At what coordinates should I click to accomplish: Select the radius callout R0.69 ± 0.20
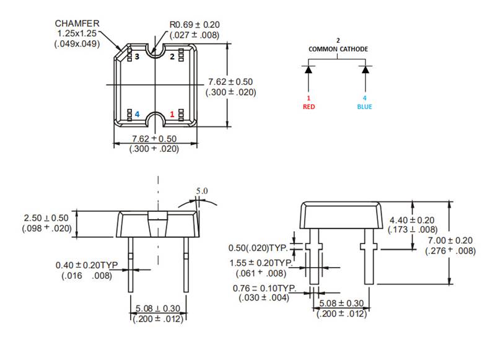(194, 25)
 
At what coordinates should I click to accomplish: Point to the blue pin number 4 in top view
(137, 115)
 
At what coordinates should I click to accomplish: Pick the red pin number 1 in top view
(172, 115)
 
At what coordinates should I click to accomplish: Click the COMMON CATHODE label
(338, 49)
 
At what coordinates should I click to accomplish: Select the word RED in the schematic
(308, 106)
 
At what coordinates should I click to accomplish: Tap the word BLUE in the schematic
(365, 106)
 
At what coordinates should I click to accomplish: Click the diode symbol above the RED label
(308, 69)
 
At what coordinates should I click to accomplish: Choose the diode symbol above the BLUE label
(365, 69)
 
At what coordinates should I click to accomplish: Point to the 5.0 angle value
(202, 191)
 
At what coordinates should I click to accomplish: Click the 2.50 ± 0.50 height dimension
(50, 218)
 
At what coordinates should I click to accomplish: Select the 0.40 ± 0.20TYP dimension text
(87, 265)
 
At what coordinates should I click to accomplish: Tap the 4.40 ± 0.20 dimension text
(412, 220)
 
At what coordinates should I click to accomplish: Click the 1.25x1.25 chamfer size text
(77, 33)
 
